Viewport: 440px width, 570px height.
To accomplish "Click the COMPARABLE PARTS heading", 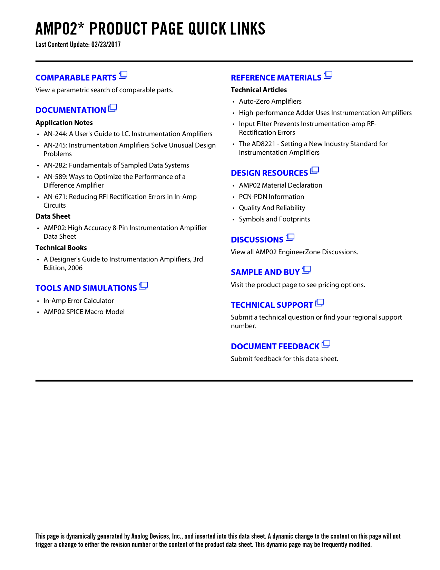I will coord(76,78).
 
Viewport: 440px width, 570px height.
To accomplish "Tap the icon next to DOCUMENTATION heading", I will coord(113,108).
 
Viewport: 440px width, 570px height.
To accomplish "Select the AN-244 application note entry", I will coord(128,134).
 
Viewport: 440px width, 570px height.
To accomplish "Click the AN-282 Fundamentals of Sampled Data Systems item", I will coord(116,165).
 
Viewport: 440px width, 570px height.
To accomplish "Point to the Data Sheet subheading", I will coord(53,217).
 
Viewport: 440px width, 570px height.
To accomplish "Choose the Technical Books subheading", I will coord(61,248).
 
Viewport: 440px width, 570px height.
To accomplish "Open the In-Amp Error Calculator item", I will coord(78,301).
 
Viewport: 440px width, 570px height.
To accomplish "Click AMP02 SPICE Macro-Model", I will coord(84,312).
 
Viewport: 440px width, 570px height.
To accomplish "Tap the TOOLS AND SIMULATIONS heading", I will coord(86,288).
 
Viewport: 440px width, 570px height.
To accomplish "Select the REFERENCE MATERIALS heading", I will coord(276,78).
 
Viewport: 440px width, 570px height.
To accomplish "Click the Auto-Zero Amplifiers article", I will coord(270,102).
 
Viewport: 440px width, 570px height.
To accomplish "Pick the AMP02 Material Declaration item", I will coord(280,186).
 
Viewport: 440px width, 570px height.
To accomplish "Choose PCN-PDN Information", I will coord(271,197).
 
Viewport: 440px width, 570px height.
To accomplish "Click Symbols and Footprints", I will coord(274,219).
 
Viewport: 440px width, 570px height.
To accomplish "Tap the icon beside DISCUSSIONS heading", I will coord(290,237).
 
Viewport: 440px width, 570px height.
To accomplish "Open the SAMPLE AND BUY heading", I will coord(265,272).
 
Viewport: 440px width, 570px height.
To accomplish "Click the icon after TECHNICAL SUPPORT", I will coord(320,303).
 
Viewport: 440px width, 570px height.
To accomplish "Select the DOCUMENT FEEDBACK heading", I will coord(275,346).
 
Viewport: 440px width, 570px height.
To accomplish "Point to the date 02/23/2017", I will coord(106,45).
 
